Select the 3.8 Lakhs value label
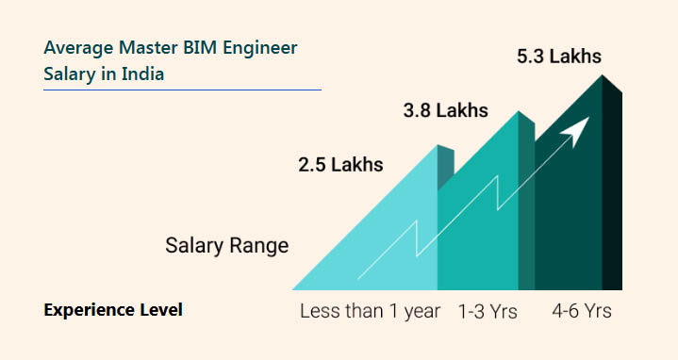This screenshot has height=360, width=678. pos(445,110)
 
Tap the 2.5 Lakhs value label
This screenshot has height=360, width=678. pos(340,165)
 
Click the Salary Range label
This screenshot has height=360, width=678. pos(226,247)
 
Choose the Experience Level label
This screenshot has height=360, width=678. pos(113,309)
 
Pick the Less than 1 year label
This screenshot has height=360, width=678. pos(370,311)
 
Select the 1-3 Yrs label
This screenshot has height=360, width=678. pos(488,311)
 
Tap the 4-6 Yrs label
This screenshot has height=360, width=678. pos(582,311)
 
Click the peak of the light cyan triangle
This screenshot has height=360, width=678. pos(436,146)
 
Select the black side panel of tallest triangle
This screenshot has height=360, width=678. pos(612,188)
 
